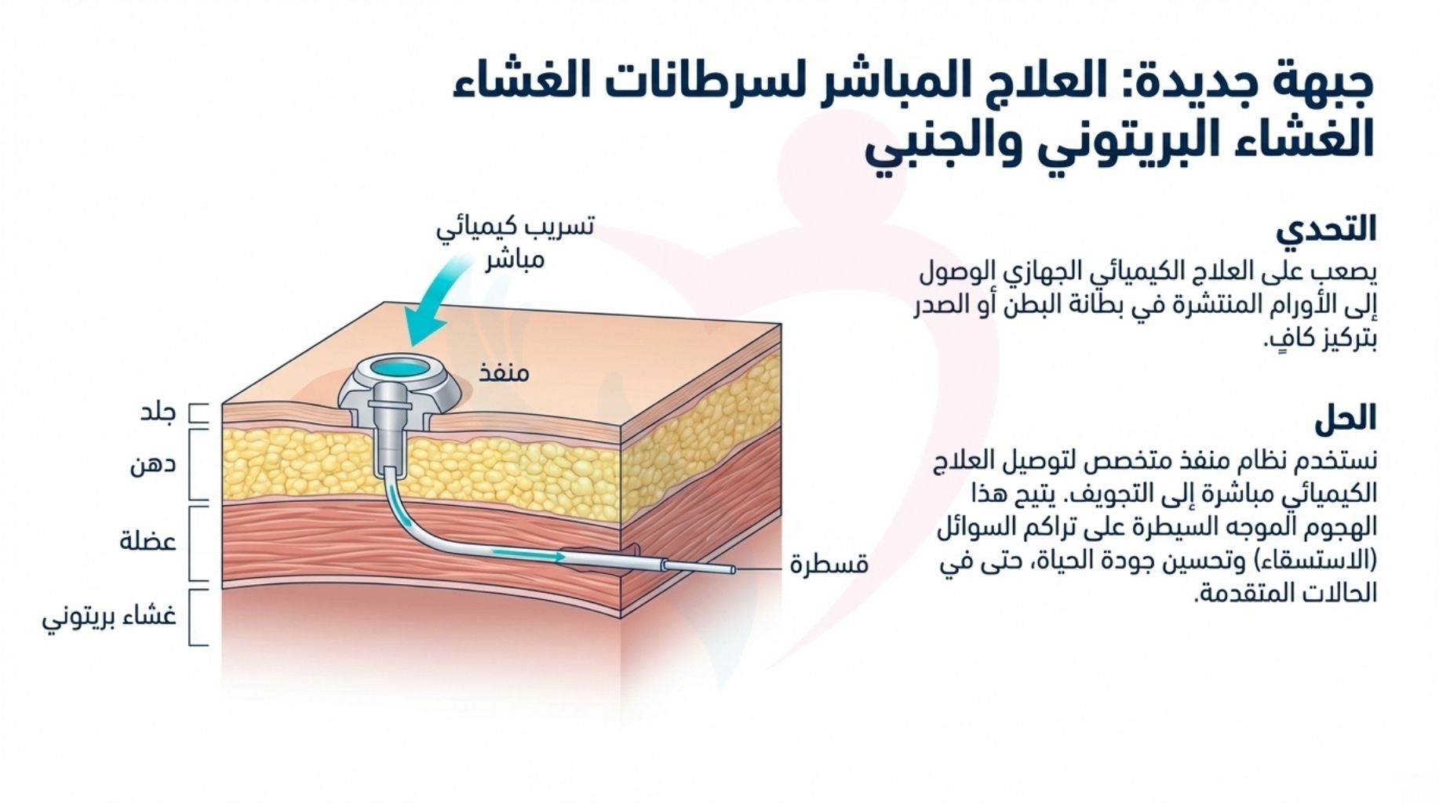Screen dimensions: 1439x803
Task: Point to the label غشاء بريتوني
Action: pyautogui.click(x=109, y=617)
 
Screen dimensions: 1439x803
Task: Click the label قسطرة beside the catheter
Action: pyautogui.click(x=829, y=565)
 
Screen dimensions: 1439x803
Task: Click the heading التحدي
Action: pyautogui.click(x=1326, y=230)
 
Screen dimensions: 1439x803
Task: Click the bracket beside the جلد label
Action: pyautogui.click(x=201, y=414)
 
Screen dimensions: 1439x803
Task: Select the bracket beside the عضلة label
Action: pyautogui.click(x=200, y=543)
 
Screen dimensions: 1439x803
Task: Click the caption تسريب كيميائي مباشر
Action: pyautogui.click(x=515, y=242)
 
